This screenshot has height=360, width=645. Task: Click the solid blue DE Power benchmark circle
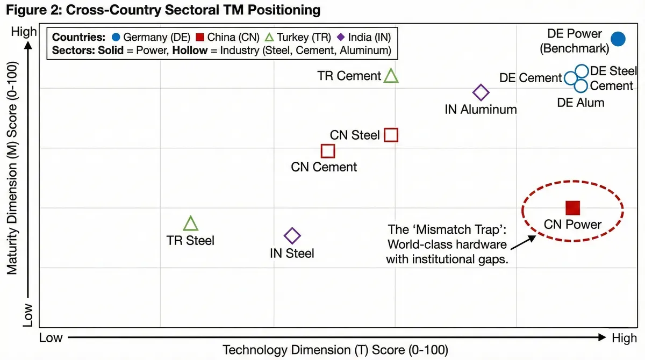coord(619,39)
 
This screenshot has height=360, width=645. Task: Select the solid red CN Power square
coord(573,207)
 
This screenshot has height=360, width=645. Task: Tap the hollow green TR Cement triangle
coord(391,76)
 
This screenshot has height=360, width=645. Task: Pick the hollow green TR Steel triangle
coord(191,224)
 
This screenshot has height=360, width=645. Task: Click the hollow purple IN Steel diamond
coord(292,235)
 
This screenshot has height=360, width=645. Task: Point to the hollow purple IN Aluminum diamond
coord(481,92)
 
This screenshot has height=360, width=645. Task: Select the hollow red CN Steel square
coord(391,135)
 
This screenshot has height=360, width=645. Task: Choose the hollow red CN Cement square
coord(328,151)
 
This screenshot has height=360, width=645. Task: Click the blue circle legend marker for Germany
coord(116,38)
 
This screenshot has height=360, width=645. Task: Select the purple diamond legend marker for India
coord(340,38)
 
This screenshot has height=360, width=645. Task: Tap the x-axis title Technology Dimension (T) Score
coord(335,350)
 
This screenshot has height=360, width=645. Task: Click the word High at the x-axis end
coord(624,338)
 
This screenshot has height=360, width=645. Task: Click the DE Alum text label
coord(580,103)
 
